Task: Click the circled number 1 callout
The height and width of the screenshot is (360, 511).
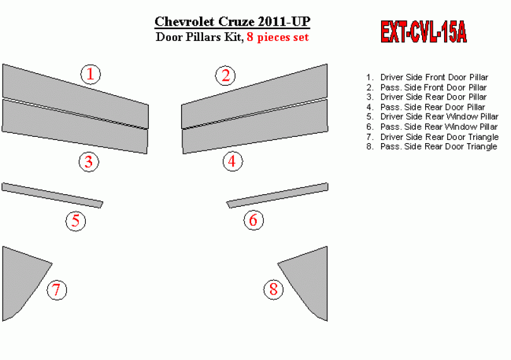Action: coord(91,74)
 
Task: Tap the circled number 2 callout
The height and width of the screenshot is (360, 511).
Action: coord(225,76)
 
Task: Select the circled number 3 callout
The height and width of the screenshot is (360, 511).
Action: coord(89,161)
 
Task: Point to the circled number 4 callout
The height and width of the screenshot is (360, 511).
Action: coord(233,161)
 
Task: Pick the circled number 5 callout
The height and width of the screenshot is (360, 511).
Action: coord(76,221)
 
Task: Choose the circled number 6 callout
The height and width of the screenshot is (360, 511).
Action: coord(254,220)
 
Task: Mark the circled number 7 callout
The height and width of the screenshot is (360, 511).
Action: coord(57,289)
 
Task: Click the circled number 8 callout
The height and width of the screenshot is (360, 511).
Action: coord(273,289)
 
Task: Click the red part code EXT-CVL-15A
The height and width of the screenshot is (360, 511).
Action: coord(423,32)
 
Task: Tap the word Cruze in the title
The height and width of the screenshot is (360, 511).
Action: coord(237,22)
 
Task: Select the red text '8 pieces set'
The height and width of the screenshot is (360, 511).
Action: coord(278,37)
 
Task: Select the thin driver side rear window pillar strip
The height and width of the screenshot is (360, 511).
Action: coord(52,195)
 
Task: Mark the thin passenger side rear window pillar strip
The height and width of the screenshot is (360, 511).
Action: coord(278,195)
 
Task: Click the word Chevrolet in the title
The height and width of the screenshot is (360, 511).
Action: coord(184,22)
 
